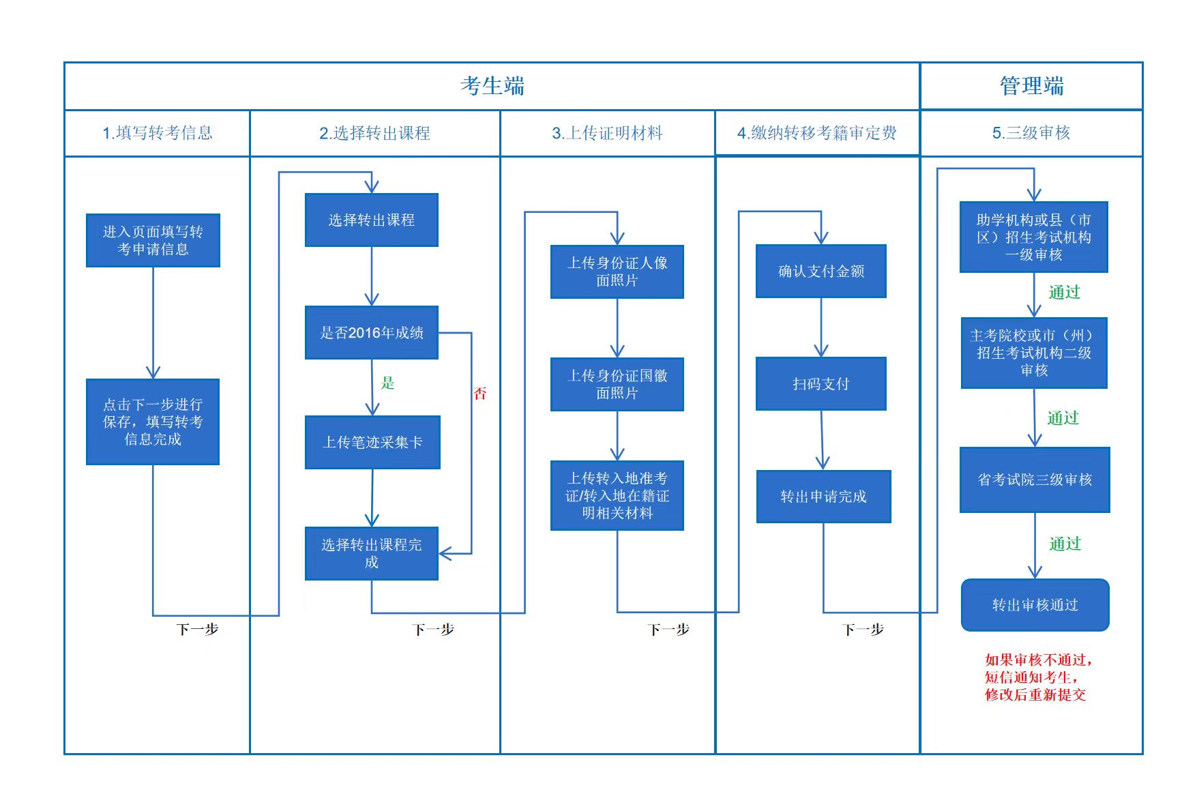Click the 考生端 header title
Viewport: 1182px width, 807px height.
point(492,86)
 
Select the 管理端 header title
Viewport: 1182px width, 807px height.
point(1031,86)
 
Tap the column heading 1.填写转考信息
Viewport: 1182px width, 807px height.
point(158,133)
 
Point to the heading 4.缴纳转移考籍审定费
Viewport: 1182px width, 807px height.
point(817,133)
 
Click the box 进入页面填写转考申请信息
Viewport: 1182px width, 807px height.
point(153,240)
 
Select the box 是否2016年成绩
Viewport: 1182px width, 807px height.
point(372,333)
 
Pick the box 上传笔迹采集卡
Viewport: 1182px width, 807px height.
point(372,442)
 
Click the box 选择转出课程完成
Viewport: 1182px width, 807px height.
point(372,553)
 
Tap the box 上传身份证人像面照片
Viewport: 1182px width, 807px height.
point(617,272)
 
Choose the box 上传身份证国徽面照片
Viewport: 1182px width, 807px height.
point(617,384)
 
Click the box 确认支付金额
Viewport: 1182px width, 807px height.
point(821,272)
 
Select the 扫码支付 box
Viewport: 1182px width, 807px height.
point(821,384)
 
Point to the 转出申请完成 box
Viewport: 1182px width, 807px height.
point(823,497)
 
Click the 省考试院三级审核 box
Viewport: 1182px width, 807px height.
point(1035,480)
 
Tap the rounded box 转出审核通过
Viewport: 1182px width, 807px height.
point(1035,605)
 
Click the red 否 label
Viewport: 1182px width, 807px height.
point(480,393)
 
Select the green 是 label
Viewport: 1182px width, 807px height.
point(387,383)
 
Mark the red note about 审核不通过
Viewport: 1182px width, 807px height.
point(1037,677)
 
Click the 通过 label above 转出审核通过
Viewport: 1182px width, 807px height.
point(1065,544)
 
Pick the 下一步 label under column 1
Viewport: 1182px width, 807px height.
point(197,629)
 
